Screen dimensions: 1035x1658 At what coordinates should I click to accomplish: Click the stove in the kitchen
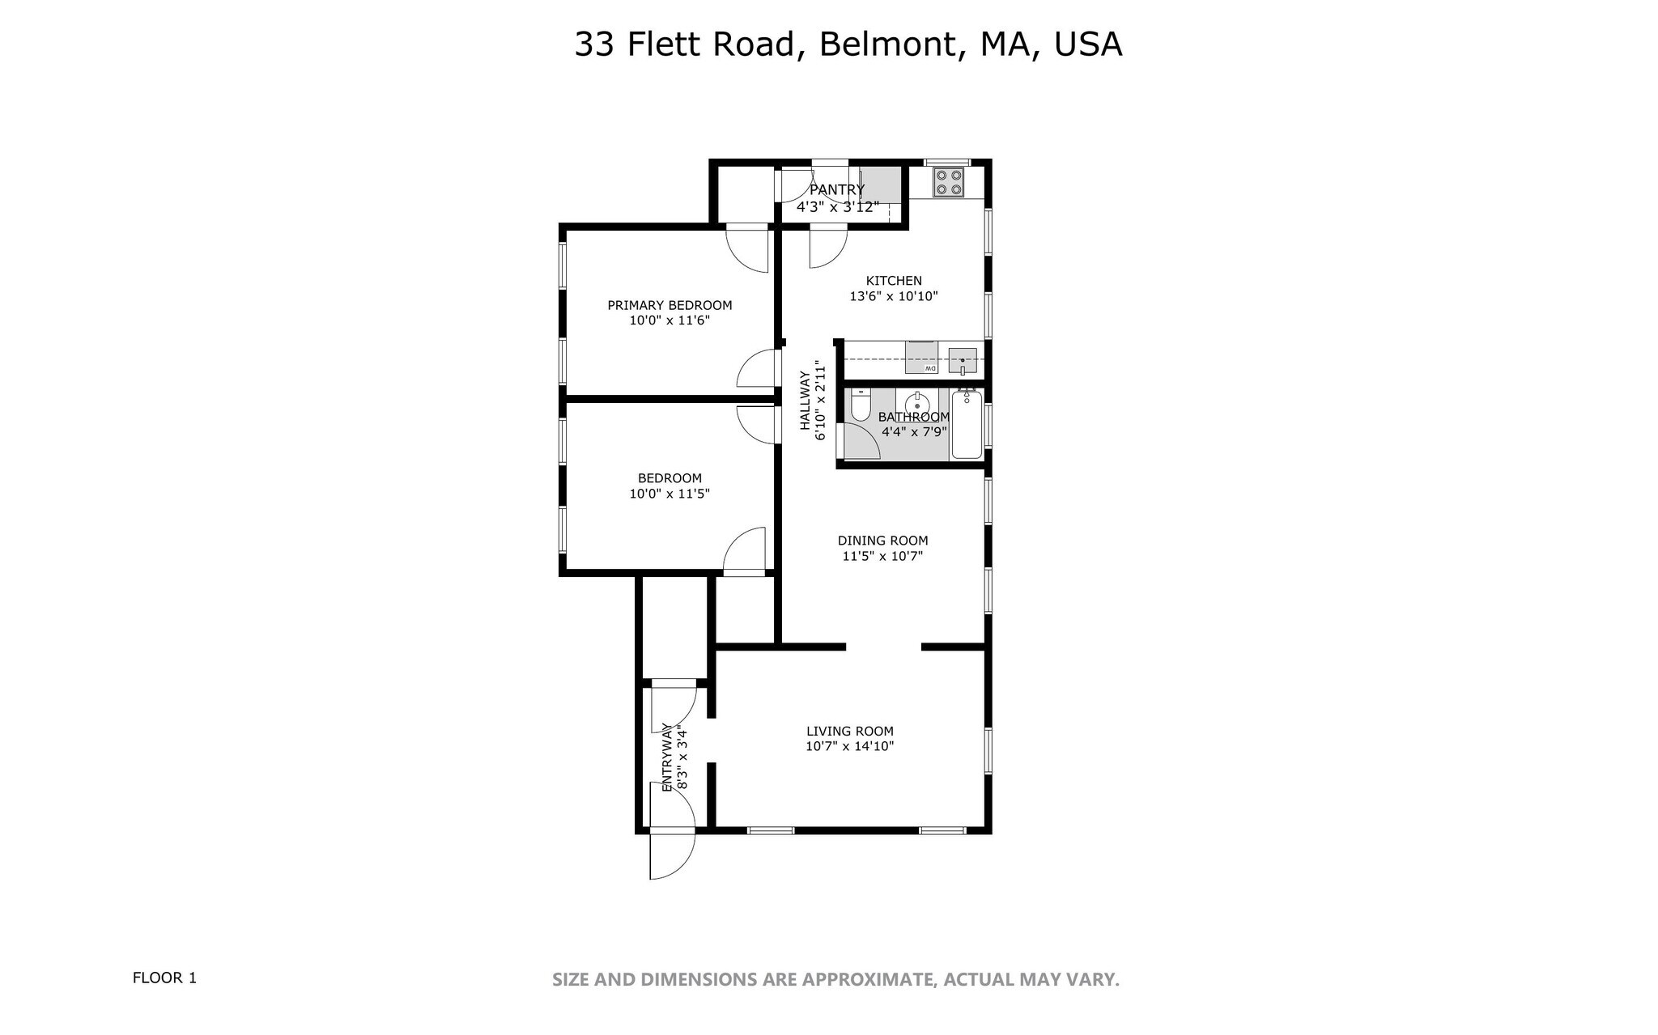(x=948, y=182)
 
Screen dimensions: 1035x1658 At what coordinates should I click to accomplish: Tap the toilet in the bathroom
(x=860, y=404)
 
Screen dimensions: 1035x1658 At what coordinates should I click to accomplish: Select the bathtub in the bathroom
(x=966, y=424)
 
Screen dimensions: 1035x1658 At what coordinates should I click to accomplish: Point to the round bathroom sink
(x=917, y=403)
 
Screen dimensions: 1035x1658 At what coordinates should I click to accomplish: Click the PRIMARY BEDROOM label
(x=670, y=305)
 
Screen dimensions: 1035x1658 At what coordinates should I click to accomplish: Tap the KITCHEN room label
(x=894, y=281)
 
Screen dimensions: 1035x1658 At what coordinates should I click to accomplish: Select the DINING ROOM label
(x=882, y=541)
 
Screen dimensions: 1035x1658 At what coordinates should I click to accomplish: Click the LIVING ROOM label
(x=849, y=731)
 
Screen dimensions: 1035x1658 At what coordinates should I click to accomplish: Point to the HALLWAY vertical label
(x=805, y=401)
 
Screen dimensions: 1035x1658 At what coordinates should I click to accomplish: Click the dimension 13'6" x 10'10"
(x=893, y=296)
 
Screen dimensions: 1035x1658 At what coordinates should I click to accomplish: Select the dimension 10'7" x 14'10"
(x=849, y=746)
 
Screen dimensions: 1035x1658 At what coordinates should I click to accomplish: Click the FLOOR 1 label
(x=164, y=978)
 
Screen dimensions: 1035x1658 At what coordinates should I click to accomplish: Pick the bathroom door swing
(x=861, y=442)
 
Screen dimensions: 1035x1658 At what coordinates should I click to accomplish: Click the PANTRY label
(x=837, y=190)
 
